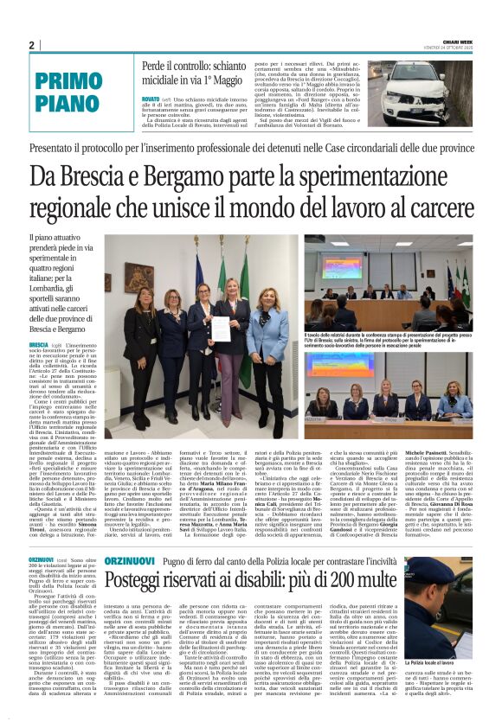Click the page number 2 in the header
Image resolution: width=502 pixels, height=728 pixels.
[x=31, y=45]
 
